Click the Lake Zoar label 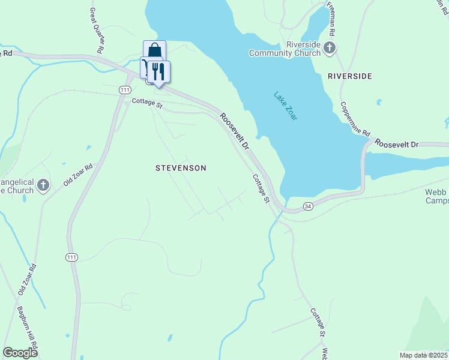pyautogui.click(x=286, y=106)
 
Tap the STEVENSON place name pyautogui.click(x=181, y=168)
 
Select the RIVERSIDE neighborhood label pyautogui.click(x=350, y=76)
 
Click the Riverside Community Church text pyautogui.click(x=286, y=48)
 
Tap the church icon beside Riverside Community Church pyautogui.click(x=330, y=47)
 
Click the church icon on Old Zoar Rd pyautogui.click(x=43, y=185)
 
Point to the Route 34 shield pyautogui.click(x=308, y=206)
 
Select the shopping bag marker pyautogui.click(x=154, y=50)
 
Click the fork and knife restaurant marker pyautogui.click(x=158, y=71)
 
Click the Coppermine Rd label pyautogui.click(x=356, y=118)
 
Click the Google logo pyautogui.click(x=20, y=353)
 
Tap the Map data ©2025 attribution pyautogui.click(x=424, y=355)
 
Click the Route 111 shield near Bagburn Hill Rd pyautogui.click(x=71, y=257)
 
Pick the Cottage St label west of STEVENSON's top pyautogui.click(x=147, y=104)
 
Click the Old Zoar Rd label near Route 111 pyautogui.click(x=79, y=174)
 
